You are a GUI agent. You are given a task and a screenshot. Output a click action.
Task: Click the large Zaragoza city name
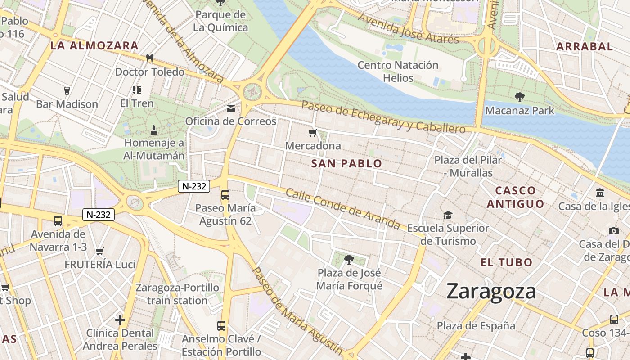point(491,292)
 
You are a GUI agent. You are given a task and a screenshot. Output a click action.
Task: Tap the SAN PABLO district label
point(346,164)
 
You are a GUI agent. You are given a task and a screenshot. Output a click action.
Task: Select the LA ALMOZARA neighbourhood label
point(94,45)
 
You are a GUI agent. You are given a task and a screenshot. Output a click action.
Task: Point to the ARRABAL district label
point(585,46)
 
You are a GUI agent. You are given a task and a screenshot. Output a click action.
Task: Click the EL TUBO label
point(506,262)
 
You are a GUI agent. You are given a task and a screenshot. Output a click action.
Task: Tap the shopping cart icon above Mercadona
point(313,133)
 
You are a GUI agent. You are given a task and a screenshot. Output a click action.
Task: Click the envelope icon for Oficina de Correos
point(231,108)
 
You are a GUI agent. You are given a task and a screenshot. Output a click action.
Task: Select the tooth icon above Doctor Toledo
point(150,58)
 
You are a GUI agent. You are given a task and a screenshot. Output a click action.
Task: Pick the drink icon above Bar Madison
point(67,91)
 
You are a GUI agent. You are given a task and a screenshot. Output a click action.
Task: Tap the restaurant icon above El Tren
point(137,90)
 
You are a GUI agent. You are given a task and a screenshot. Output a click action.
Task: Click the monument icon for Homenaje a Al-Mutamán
point(154,130)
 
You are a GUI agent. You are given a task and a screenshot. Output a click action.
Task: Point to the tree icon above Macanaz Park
point(519,97)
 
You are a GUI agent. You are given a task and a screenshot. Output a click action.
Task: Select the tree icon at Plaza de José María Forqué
point(349,259)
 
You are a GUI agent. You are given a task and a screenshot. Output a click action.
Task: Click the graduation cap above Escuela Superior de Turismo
point(448,215)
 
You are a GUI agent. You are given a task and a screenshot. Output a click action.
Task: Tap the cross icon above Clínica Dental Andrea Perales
point(120,320)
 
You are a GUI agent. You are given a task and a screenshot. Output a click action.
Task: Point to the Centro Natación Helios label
point(398,72)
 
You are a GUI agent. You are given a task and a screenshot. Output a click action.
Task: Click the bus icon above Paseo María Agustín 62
point(225,195)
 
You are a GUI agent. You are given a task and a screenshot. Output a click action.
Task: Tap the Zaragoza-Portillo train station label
point(177,294)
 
